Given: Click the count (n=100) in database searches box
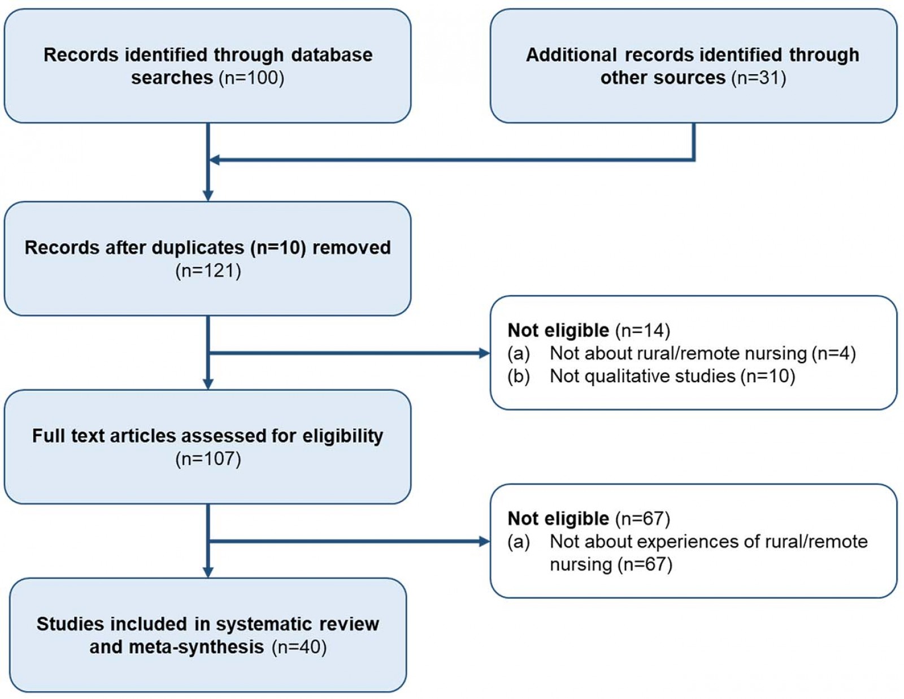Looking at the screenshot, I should click(251, 78).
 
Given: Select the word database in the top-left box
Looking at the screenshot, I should click(332, 55).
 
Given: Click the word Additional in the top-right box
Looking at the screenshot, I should click(571, 55).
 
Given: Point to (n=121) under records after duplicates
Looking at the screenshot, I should click(208, 271).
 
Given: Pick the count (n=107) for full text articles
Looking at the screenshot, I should click(208, 459).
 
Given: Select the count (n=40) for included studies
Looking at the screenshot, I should click(299, 647).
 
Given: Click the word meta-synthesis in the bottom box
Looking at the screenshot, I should click(196, 647).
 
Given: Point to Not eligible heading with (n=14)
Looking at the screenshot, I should click(588, 330).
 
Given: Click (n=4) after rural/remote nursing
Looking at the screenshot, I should click(833, 353).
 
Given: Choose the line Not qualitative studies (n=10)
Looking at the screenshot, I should click(672, 376).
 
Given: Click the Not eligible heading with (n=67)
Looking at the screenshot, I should click(588, 519).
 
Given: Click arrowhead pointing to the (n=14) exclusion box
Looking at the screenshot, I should click(484, 353).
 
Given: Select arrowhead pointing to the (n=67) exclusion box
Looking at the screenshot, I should click(484, 542).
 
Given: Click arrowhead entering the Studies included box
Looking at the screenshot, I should click(208, 572).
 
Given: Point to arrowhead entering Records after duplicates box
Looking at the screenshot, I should click(208, 196).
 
